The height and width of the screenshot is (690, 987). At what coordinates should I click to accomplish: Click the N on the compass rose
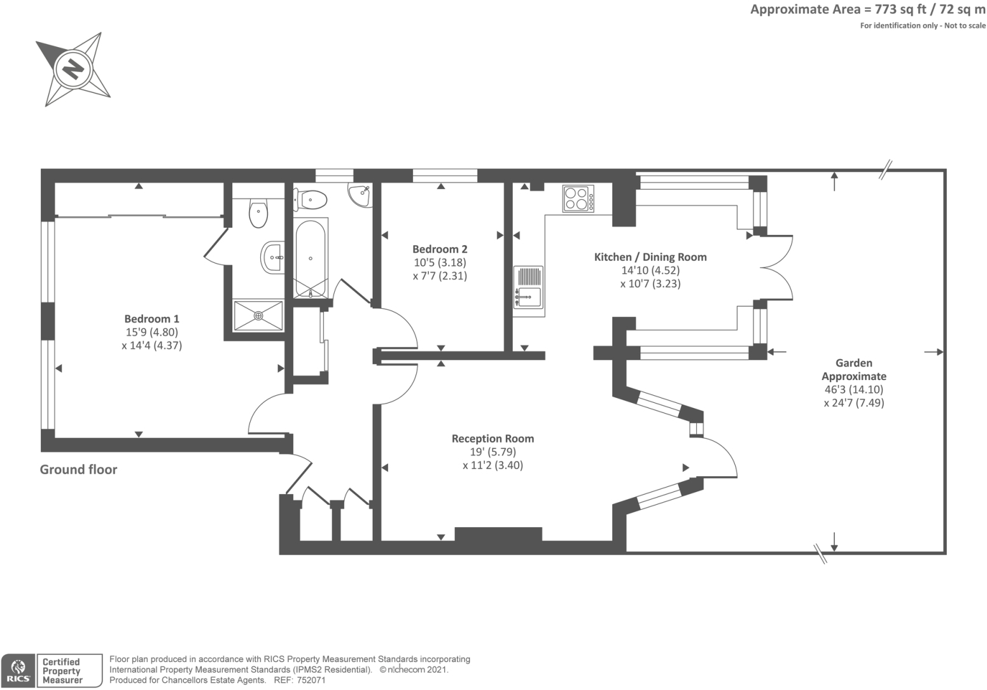(x=72, y=67)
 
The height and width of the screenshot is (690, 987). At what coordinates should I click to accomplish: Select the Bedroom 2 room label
(x=440, y=250)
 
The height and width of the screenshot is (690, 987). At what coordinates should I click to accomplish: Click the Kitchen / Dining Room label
(x=650, y=257)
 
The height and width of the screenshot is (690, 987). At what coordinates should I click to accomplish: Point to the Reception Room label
(x=493, y=439)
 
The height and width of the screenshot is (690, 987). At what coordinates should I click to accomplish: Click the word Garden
(x=853, y=363)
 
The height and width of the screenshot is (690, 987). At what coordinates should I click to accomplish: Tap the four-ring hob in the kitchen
(x=578, y=198)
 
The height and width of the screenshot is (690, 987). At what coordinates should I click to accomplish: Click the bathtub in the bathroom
(x=311, y=258)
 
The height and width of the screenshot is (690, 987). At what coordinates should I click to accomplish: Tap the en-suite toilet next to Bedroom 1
(x=258, y=213)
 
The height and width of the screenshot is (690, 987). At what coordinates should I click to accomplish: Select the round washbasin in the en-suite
(x=273, y=258)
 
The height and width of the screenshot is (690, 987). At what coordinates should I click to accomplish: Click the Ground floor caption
(x=78, y=470)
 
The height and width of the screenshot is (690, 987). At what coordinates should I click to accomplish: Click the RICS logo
(x=17, y=671)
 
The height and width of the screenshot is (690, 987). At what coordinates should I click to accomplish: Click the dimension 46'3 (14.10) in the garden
(x=853, y=390)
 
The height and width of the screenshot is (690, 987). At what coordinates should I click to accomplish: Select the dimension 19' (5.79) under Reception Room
(x=493, y=452)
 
